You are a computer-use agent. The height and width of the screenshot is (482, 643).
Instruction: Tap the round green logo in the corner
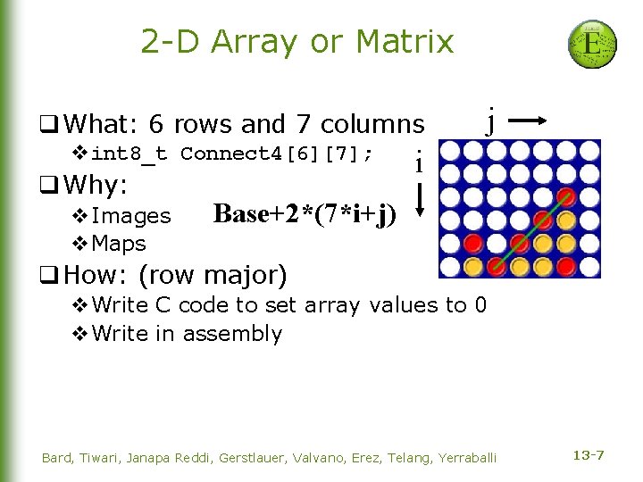pos(592,44)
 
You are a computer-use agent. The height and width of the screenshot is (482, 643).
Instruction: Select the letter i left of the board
pos(418,162)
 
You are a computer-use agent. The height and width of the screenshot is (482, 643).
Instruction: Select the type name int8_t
pos(129,154)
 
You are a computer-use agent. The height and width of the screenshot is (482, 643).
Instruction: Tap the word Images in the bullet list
pos(131,216)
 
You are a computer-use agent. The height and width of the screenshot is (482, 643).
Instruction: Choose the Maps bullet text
pos(119,243)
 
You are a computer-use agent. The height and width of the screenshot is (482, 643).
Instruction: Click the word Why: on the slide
pos(98,186)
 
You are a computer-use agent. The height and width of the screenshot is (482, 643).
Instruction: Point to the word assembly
pos(232,334)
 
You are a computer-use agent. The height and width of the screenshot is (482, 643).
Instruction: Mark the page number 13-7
pos(588,456)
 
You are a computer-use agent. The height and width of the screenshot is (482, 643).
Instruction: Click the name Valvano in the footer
pos(313,458)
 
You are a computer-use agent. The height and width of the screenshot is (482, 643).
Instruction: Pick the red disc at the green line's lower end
pos(497,265)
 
